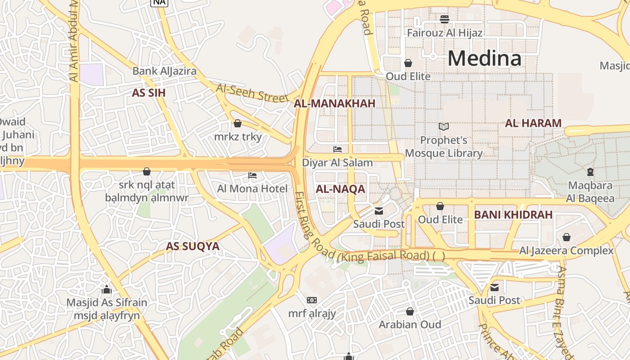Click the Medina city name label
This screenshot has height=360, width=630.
tap(484, 58)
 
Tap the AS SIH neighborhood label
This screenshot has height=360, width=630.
tap(148, 93)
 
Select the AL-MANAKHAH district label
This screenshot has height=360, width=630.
tap(334, 103)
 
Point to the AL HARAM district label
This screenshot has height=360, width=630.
tap(533, 123)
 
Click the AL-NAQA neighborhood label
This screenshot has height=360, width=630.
tap(340, 189)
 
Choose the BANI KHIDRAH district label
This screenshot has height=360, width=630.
tap(513, 215)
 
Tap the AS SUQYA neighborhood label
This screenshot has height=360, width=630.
tap(193, 246)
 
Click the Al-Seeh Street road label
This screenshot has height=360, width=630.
tap(252, 93)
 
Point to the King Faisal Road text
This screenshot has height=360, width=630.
tap(384, 256)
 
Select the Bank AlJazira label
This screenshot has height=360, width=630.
tap(164, 71)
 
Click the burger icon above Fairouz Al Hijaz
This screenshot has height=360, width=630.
tap(445, 19)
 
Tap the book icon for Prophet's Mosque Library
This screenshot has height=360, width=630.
tap(444, 127)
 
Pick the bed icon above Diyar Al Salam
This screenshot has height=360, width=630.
tap(337, 149)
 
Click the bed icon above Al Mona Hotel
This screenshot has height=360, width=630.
tap(252, 175)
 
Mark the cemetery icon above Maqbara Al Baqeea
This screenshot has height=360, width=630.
tap(590, 171)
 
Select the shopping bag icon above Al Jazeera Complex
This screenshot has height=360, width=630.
tap(567, 237)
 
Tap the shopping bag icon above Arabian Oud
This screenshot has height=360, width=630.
tap(410, 311)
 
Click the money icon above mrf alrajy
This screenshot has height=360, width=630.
tap(312, 300)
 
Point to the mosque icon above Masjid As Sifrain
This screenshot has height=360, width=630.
tap(107, 289)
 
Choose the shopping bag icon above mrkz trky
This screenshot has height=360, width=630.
tap(238, 123)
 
